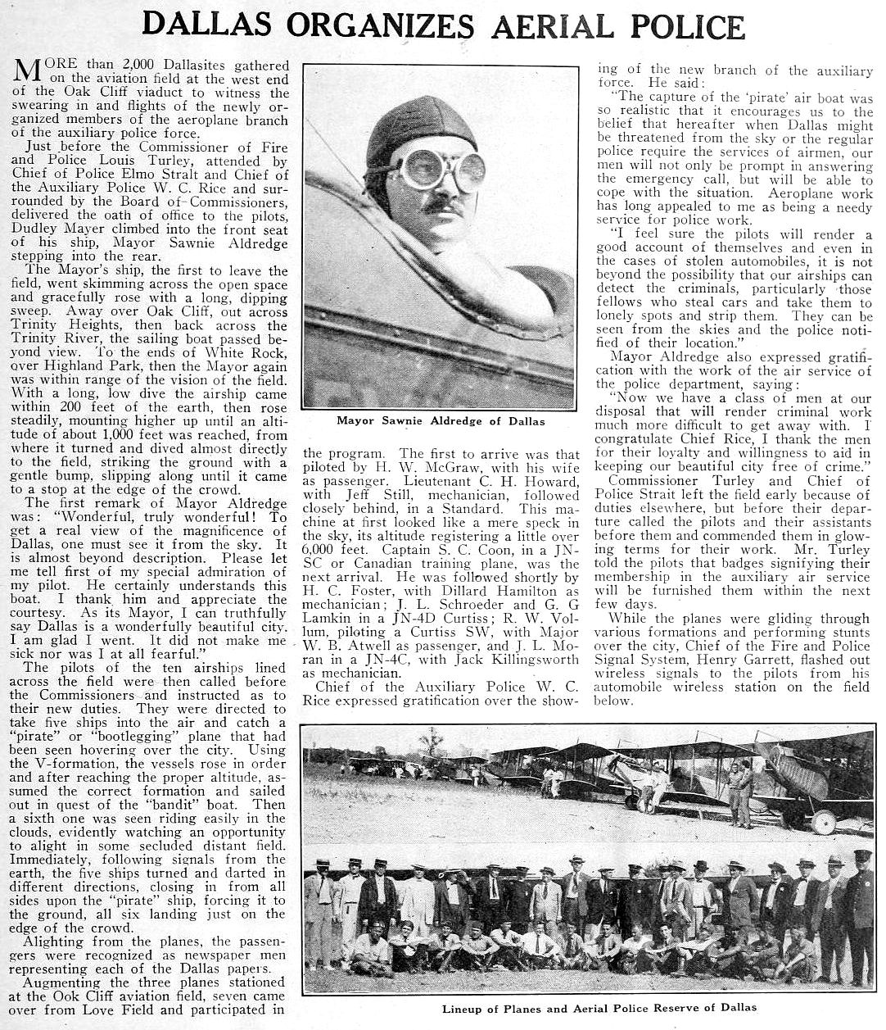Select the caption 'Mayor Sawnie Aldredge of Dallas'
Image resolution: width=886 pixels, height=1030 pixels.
441,421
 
